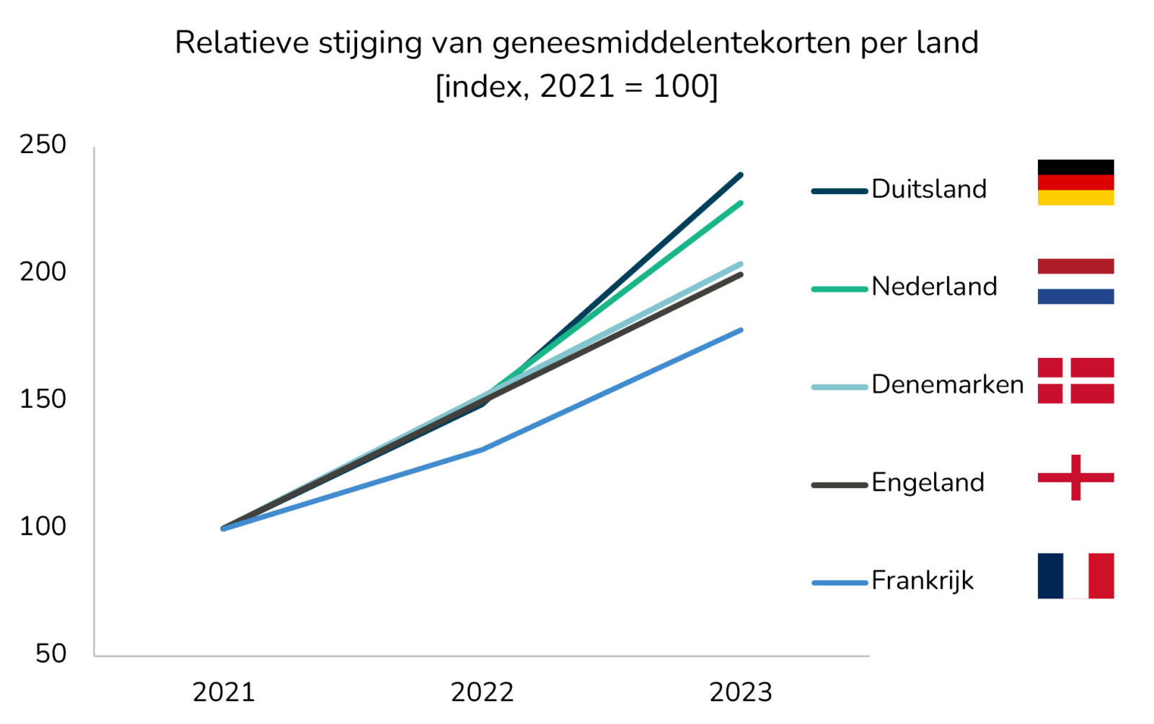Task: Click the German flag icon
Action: tap(1075, 183)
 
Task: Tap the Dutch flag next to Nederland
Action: tap(1075, 282)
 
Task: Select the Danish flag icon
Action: tap(1075, 380)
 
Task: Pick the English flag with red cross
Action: tap(1075, 477)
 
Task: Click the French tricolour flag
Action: tap(1075, 576)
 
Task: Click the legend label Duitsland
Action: tap(929, 189)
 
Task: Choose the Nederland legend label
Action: tap(934, 287)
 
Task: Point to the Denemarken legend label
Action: tap(947, 385)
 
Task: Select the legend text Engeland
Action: tap(928, 482)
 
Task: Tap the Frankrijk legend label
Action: tap(922, 580)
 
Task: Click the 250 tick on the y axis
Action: tap(43, 145)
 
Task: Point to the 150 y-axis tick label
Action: tap(43, 399)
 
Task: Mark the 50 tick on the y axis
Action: tap(50, 654)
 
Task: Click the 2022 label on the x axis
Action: tap(482, 693)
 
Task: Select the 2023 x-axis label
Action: tap(741, 693)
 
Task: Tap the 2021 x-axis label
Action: tap(224, 693)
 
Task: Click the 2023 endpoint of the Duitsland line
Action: tap(741, 175)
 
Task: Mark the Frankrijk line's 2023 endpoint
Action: tap(741, 331)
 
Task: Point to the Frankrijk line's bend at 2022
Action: tap(482, 449)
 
